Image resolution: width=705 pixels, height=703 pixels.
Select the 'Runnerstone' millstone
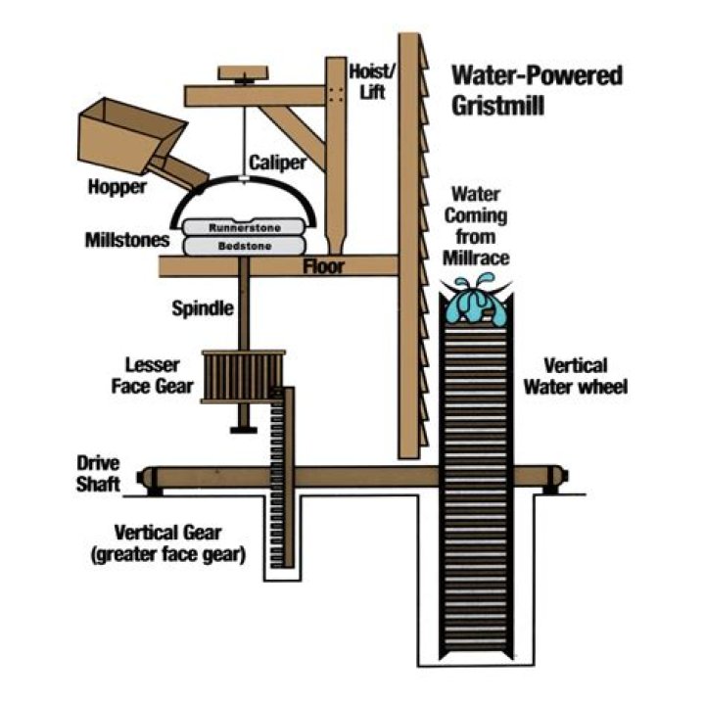[245, 227]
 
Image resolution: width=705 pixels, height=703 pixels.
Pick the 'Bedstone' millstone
[245, 246]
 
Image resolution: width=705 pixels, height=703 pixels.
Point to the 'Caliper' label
[273, 162]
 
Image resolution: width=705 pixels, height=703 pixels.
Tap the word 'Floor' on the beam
[324, 265]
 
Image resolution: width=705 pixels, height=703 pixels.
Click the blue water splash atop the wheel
[472, 301]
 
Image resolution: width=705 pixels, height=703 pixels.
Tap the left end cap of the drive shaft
[149, 479]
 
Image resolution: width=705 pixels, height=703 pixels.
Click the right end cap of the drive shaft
[558, 479]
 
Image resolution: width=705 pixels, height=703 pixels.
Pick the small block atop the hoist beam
[240, 73]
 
